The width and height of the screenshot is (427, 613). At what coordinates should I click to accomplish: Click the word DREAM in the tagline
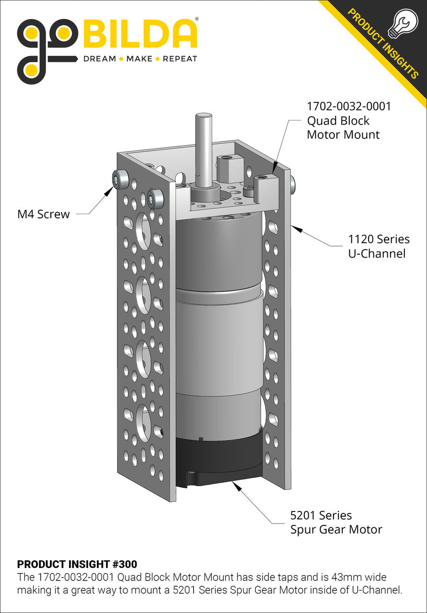100,59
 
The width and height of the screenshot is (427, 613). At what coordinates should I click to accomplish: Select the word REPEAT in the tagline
180,59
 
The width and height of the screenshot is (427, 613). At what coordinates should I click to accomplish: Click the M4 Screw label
44,215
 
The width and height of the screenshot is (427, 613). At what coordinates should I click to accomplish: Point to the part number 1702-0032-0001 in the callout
349,106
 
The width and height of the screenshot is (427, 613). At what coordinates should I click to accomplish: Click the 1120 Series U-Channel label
379,246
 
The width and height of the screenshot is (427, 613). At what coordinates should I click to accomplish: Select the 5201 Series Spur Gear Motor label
336,522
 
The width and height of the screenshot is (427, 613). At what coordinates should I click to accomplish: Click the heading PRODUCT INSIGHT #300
77,564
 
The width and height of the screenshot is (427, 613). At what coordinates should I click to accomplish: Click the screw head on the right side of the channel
292,182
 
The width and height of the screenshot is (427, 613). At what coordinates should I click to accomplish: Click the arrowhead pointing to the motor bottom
235,485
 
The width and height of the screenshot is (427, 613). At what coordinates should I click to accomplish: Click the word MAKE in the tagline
140,59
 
